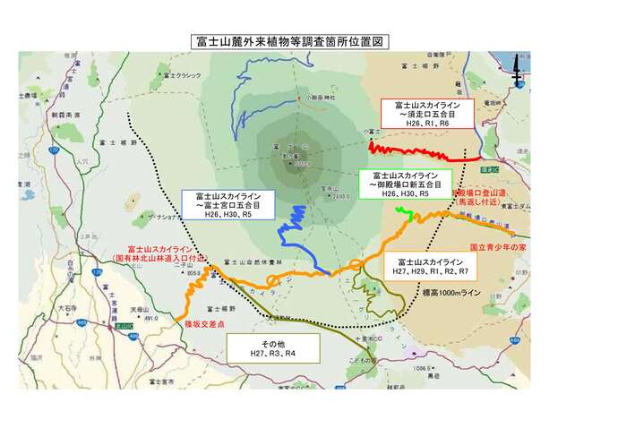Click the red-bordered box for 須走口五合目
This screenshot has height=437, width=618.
pos(420,113)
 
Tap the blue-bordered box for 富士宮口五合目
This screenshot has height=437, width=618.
pos(228,204)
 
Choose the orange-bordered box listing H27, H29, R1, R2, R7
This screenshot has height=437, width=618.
pos(433,262)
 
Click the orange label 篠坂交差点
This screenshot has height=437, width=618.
pos(202,322)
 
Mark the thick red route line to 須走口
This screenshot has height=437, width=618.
pos(421,153)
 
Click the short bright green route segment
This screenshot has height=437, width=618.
pos(404,211)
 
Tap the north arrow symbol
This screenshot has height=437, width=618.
pos(517,75)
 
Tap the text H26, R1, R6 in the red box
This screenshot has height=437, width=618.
pos(420,123)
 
